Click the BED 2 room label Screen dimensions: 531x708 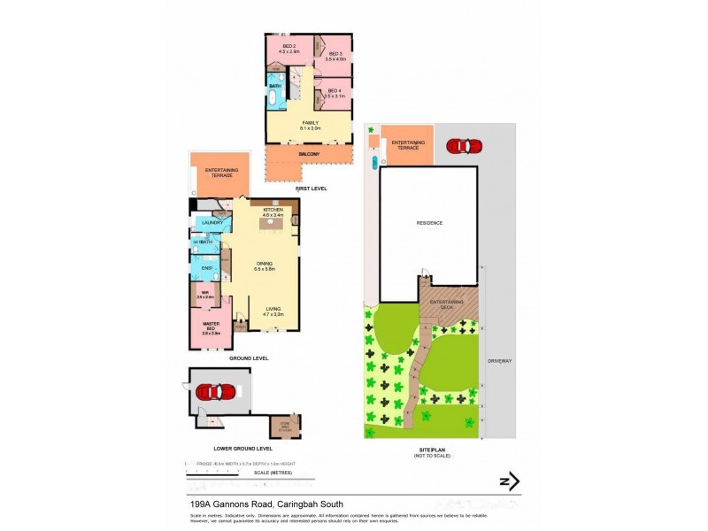pos(289,45)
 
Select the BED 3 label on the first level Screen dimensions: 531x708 pos(335,54)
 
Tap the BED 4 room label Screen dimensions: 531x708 pos(335,90)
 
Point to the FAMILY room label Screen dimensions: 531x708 pos(310,122)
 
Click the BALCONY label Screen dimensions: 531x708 pos(309,154)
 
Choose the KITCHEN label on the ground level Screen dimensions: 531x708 pos(273,209)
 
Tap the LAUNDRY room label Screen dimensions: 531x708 pos(212,222)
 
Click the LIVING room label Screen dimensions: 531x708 pos(273,307)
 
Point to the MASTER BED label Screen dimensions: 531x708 pos(212,326)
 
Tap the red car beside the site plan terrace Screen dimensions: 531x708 pos(464,145)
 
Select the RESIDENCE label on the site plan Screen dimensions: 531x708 pos(429,223)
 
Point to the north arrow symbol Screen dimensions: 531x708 pos(509,481)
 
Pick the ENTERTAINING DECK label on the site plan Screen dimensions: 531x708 pos(447,304)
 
